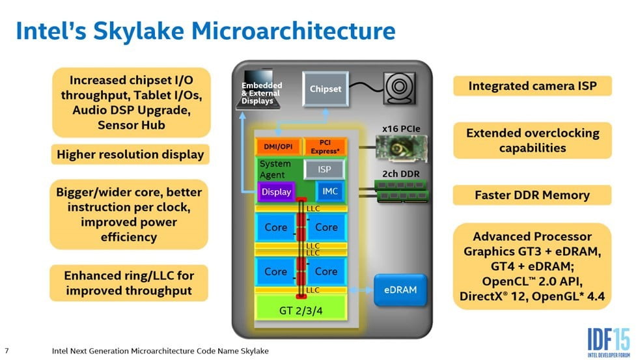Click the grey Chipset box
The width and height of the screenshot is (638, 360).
[x=326, y=89]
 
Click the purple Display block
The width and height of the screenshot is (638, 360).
[x=276, y=192]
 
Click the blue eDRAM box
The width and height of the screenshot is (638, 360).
[x=400, y=290]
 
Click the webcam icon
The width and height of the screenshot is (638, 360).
[x=398, y=89]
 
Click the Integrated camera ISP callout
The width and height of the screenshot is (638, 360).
[x=532, y=86]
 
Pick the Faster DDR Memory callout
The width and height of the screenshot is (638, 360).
[x=532, y=195]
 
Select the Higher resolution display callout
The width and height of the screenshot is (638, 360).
[x=130, y=154]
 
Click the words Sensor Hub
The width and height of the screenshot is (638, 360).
[x=131, y=124]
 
